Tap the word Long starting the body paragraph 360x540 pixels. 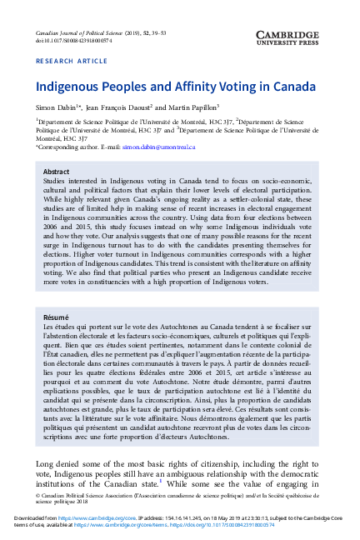pyautogui.click(x=44, y=463)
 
